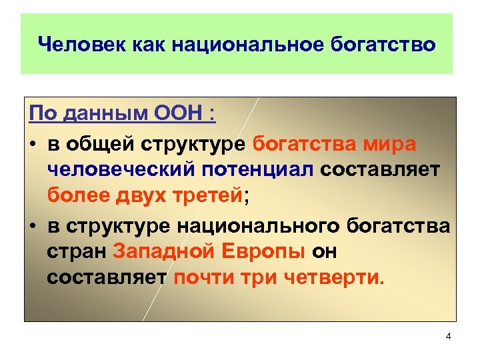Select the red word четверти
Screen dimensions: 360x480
pos(339,277)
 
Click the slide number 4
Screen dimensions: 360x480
pos(448,337)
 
